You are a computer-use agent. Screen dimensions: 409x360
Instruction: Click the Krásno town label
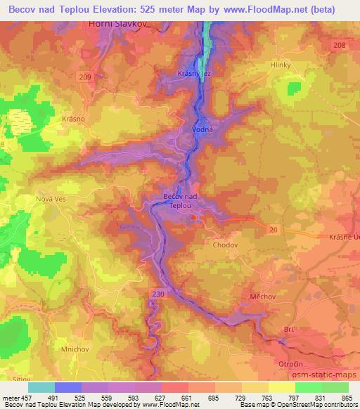[x=73, y=119]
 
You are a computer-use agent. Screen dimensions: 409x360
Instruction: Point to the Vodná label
[x=201, y=131]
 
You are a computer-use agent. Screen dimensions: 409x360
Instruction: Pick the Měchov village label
[x=262, y=297]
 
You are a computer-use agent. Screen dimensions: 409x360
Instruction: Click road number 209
[x=105, y=77]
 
